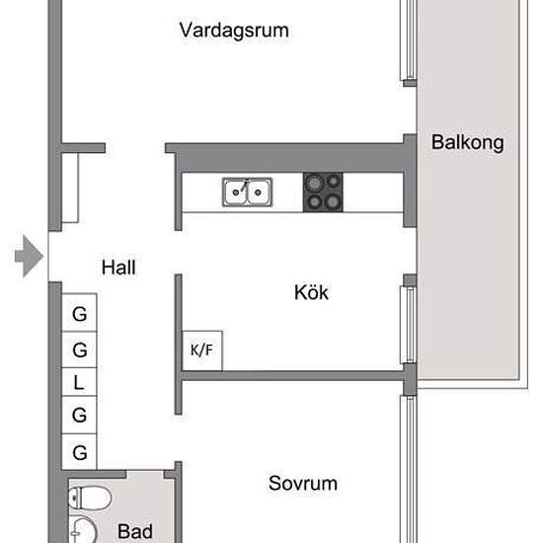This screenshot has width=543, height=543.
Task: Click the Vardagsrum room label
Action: pos(234,31)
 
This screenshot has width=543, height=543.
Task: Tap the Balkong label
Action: pos(468,143)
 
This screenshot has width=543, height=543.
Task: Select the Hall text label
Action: pos(118,268)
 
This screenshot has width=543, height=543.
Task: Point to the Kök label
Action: pos(311,292)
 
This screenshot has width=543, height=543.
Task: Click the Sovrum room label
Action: pos(303,483)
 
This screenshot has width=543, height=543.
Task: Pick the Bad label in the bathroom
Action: pos(135,531)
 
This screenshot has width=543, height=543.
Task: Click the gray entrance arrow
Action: pos(29,257)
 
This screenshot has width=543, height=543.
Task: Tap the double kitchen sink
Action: pos(247,193)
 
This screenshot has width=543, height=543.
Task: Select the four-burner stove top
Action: pos(323,193)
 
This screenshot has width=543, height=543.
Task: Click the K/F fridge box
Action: pos(202,350)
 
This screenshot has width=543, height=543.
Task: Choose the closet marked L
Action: pos(79,382)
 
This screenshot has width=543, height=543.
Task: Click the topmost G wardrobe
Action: pos(79,313)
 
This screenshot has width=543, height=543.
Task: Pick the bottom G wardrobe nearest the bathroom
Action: pos(79,451)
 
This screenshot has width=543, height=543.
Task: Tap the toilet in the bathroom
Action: pos(90,498)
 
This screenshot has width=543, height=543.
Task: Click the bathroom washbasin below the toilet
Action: pos(83,530)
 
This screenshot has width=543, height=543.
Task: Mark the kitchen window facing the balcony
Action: pos(409,325)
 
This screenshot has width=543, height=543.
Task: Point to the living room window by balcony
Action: pos(409,39)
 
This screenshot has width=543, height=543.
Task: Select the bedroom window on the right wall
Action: pos(409,469)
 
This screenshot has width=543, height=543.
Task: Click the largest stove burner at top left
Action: pos(314,183)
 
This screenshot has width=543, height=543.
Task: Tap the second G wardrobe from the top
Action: pos(79,349)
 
